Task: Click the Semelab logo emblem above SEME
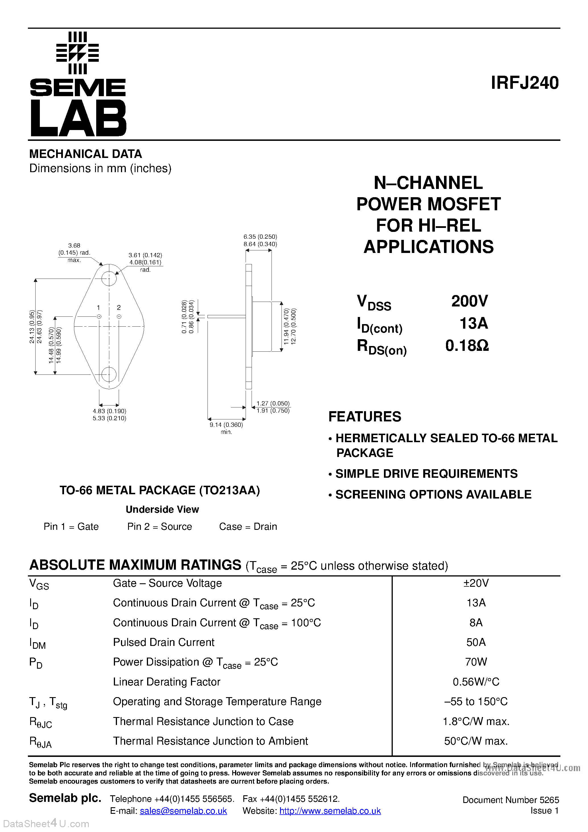point(78,53)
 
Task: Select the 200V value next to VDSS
point(469,301)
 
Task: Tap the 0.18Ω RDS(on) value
point(467,346)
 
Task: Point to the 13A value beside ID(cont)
point(473,323)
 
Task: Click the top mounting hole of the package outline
point(109,279)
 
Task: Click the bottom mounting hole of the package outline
point(109,375)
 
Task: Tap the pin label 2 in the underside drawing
point(119,308)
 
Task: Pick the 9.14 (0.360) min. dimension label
point(226,425)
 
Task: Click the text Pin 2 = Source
point(159,526)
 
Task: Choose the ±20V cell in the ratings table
point(476,583)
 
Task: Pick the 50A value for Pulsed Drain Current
point(476,642)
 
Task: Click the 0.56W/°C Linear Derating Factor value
point(476,682)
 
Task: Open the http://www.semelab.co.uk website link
point(330,811)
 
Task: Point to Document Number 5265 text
point(510,800)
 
